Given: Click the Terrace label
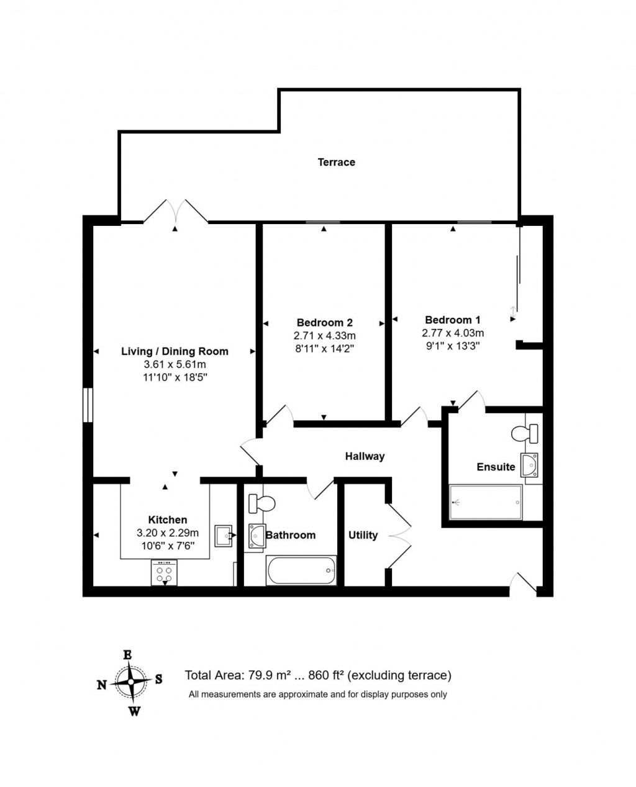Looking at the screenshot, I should pos(336,162).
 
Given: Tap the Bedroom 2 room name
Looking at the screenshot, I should pos(324,322).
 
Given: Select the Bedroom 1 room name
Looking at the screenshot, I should pos(452,320).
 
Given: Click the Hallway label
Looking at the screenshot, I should pos(365,456).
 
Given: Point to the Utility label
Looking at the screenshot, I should pos(363,535).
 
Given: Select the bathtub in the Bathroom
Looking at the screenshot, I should pos(301,570).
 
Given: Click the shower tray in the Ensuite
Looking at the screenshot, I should pos(486,502).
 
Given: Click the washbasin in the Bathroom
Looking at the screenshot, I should pos(255,536).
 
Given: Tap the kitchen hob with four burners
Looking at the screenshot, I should pos(164,573).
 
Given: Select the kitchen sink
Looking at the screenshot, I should pos(223,535).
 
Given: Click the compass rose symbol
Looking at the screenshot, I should pos(131,681).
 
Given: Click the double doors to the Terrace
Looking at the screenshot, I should pos(175,211).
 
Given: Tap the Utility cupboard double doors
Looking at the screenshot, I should pos(399,535).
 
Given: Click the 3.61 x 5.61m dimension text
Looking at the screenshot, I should pos(175,364).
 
